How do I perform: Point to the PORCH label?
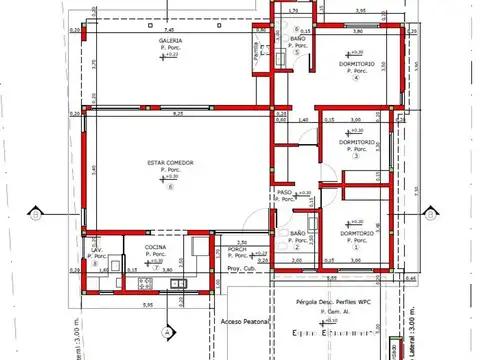(x=237, y=249)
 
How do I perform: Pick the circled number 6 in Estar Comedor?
(x=170, y=185)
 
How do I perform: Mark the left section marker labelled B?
(x=36, y=212)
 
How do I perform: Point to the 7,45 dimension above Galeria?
(x=102, y=30)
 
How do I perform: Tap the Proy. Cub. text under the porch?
(x=241, y=269)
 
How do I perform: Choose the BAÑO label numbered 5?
(x=297, y=39)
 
